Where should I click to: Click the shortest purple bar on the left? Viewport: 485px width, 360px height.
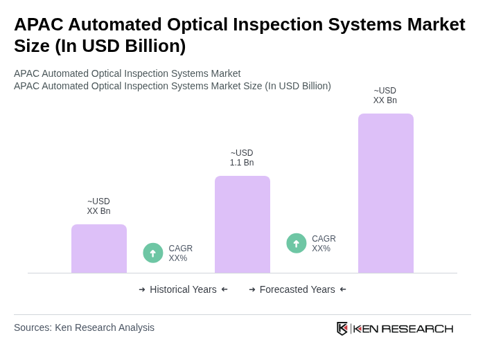click(99, 249)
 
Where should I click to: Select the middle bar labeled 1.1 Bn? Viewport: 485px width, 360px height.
click(242, 224)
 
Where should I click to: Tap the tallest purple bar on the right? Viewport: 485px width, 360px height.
click(386, 193)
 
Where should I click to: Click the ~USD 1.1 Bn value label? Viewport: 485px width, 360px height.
click(242, 158)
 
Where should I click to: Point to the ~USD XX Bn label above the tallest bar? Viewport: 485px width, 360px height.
click(385, 96)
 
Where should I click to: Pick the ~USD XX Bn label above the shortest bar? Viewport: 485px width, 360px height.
click(98, 206)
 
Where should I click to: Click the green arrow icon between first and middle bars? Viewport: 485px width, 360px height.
click(153, 253)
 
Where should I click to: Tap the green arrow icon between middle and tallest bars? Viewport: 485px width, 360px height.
click(297, 243)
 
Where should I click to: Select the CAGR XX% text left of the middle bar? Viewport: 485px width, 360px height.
click(180, 253)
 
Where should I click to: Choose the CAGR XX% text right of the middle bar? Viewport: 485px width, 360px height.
click(324, 244)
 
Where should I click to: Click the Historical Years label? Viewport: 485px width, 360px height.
click(183, 289)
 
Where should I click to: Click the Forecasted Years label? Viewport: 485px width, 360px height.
click(297, 289)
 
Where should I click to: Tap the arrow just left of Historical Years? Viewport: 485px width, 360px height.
click(142, 289)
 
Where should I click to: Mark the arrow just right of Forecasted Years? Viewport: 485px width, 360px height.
click(343, 289)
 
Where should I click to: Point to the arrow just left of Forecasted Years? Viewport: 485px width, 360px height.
click(252, 289)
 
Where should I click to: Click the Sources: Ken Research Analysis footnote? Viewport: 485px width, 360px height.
click(84, 327)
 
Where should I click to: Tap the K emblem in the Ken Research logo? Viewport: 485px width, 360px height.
click(342, 328)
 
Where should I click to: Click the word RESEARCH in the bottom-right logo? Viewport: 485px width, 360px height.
click(417, 328)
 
